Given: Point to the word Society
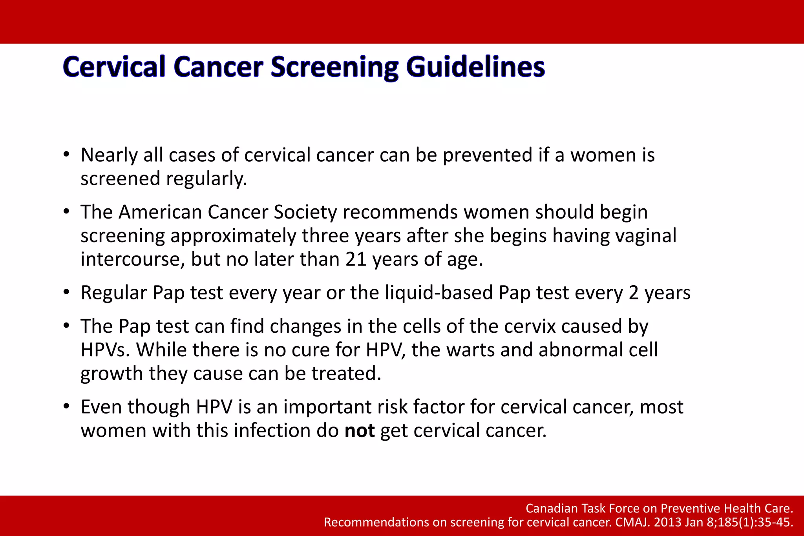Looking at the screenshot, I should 305,212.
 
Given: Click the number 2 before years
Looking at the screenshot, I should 633,293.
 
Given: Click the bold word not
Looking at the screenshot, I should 359,430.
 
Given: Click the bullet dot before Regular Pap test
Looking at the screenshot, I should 66,292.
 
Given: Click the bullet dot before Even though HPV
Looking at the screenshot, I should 66,407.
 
